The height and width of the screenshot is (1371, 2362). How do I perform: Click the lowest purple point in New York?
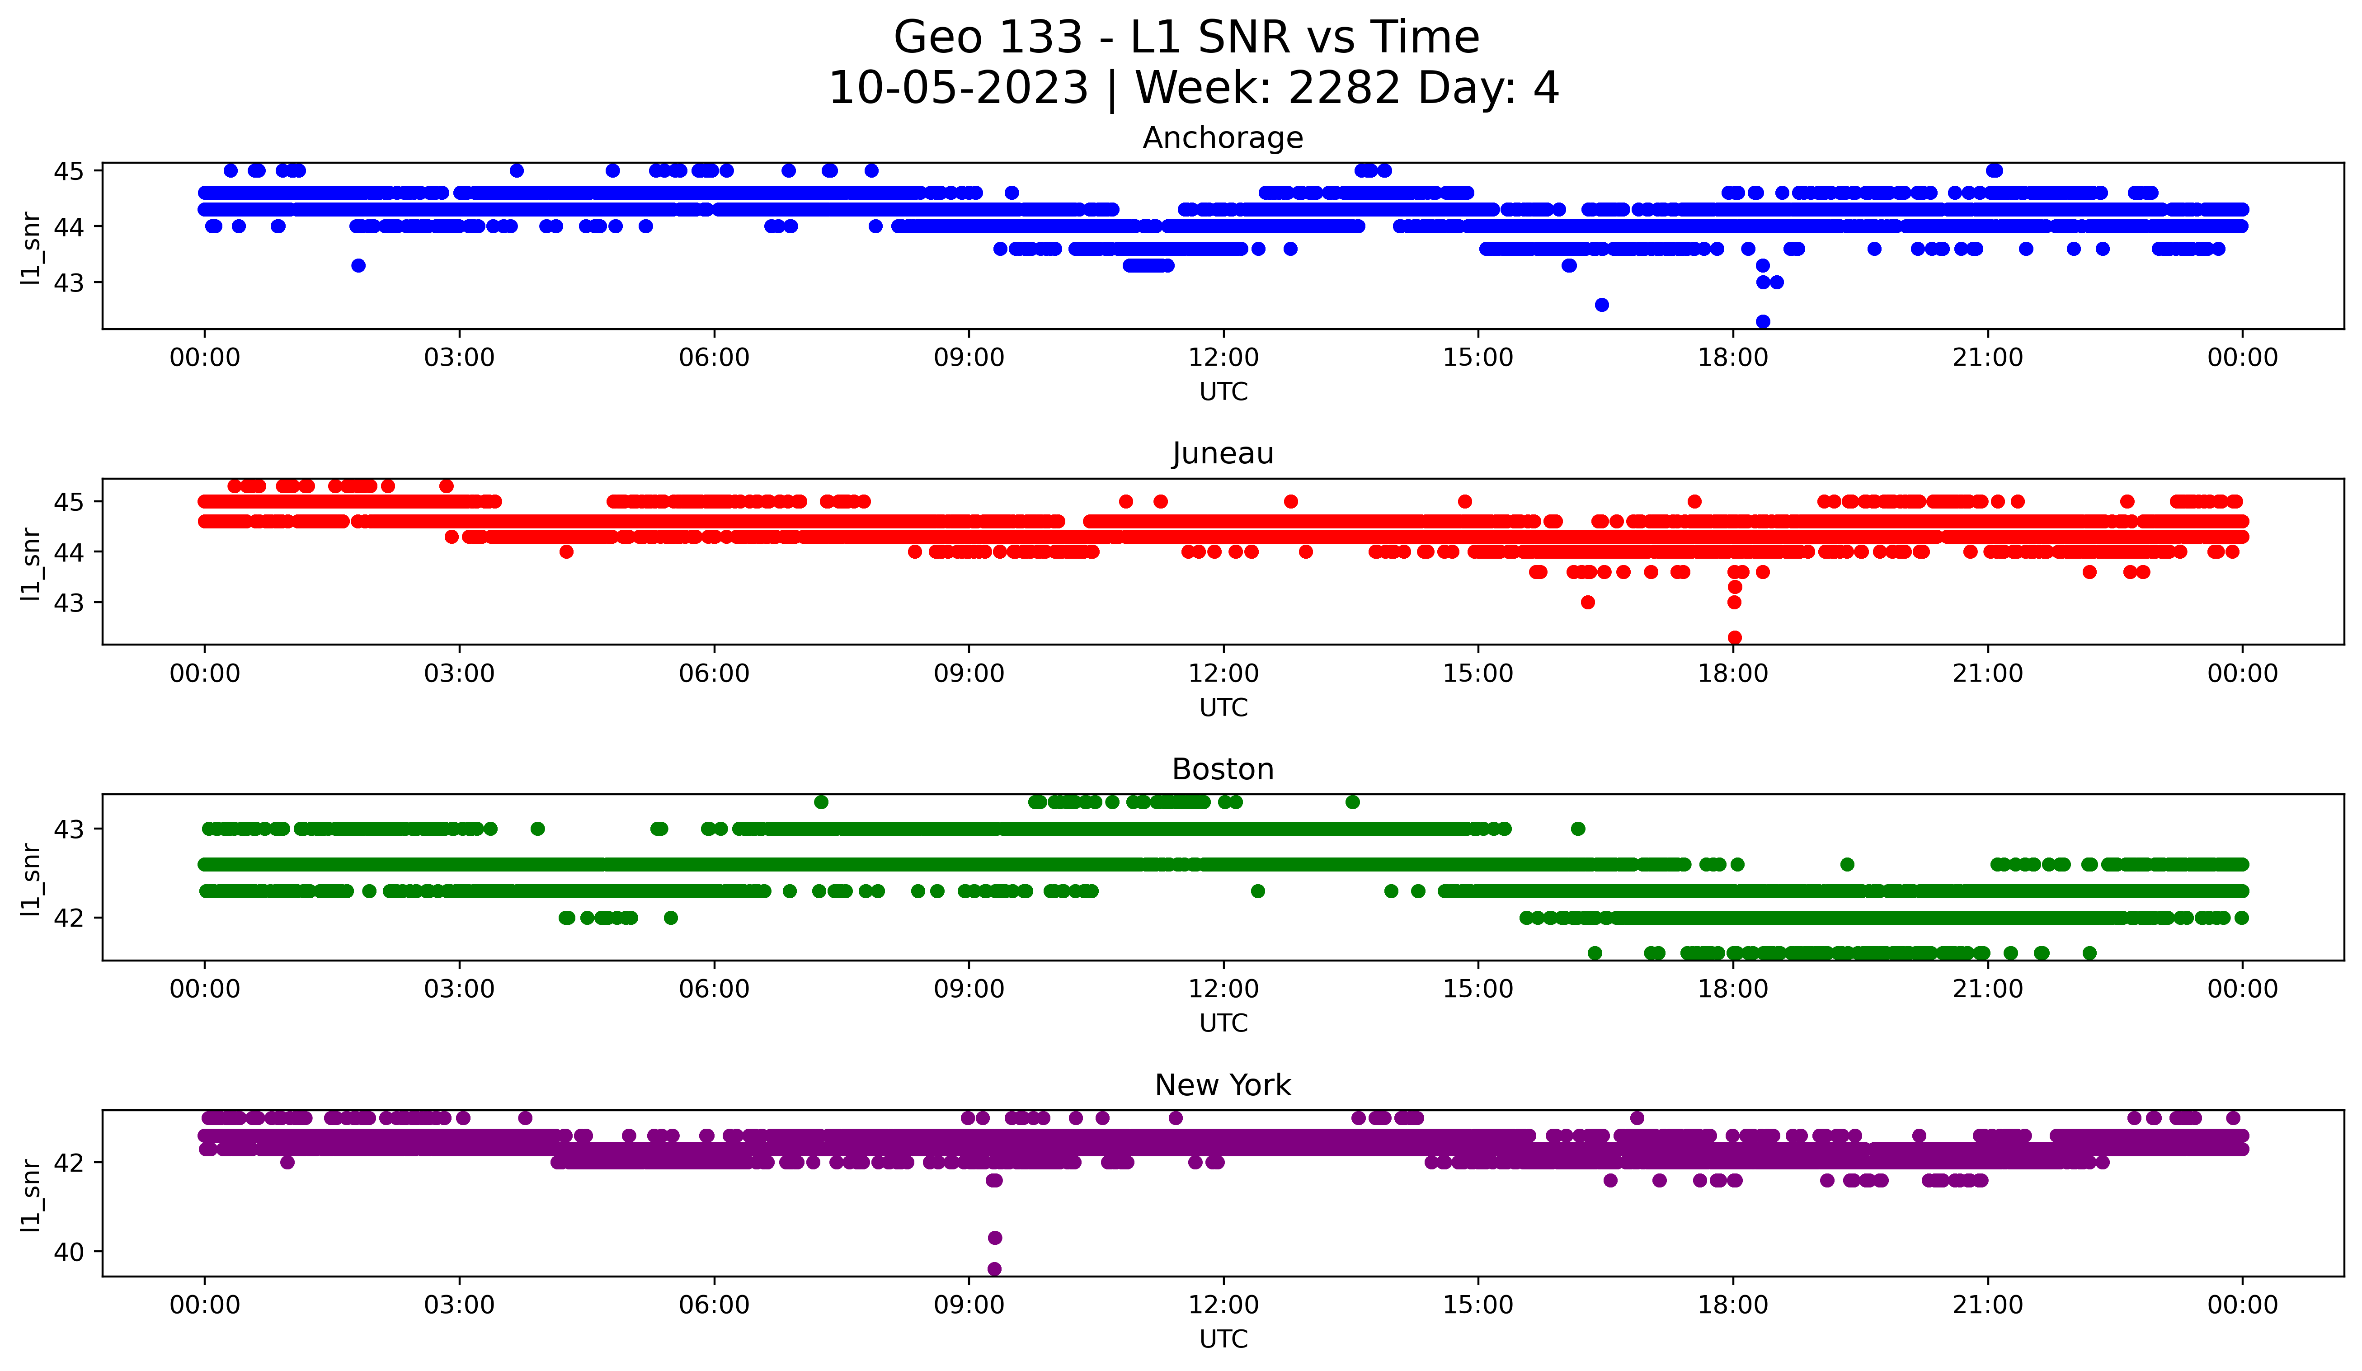point(994,1269)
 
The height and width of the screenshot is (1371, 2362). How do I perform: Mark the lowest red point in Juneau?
point(1735,637)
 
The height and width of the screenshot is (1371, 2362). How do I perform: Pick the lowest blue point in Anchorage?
point(1763,321)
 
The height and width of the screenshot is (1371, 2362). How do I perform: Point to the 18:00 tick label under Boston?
point(1733,989)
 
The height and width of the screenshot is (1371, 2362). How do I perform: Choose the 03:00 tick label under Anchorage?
point(459,357)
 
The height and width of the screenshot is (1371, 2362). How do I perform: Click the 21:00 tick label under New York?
point(1988,1305)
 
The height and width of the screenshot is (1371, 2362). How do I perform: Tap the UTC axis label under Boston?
point(1223,1023)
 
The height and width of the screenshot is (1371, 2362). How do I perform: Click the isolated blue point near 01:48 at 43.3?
point(358,265)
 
